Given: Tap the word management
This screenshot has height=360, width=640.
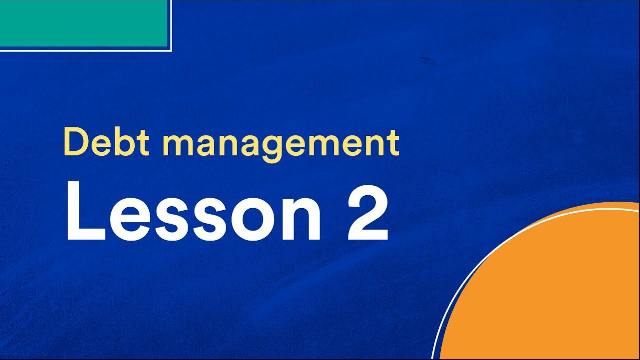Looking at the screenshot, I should coord(280,144).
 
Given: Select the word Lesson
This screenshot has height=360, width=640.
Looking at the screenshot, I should coord(193,212).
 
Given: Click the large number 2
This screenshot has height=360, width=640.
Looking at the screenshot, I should coord(367,212).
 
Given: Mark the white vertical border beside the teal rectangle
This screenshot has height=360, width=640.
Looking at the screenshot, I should coord(171,25).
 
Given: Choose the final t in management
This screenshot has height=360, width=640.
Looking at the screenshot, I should coord(393,143).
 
